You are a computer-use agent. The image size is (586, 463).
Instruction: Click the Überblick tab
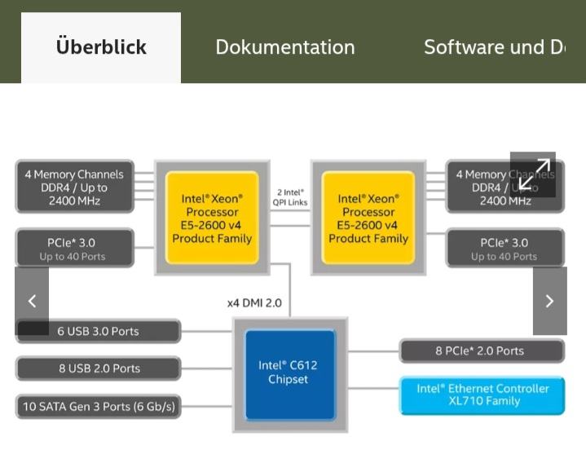101,47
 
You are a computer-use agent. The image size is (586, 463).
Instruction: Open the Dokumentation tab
284,47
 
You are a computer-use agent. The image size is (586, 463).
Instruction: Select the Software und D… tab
494,47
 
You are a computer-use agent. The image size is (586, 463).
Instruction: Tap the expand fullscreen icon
533,174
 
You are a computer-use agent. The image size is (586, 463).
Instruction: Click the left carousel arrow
32,301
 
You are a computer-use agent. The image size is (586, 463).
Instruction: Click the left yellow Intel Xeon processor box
212,218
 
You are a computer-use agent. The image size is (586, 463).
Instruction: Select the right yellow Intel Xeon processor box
368,218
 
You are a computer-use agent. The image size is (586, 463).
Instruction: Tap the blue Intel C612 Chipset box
290,374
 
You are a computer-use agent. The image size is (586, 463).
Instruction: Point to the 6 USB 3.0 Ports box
98,331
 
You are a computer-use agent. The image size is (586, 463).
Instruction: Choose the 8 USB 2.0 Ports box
98,368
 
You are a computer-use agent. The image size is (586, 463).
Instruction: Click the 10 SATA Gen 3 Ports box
98,406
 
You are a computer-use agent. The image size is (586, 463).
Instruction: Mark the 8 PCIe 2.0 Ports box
481,351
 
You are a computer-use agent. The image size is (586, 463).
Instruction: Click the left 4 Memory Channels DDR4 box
74,187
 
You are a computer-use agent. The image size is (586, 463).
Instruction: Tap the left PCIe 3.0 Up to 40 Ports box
74,249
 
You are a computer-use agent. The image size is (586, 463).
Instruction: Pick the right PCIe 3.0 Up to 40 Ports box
504,249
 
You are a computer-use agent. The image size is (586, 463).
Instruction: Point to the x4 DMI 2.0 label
254,303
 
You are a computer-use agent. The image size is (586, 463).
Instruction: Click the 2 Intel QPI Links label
290,197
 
